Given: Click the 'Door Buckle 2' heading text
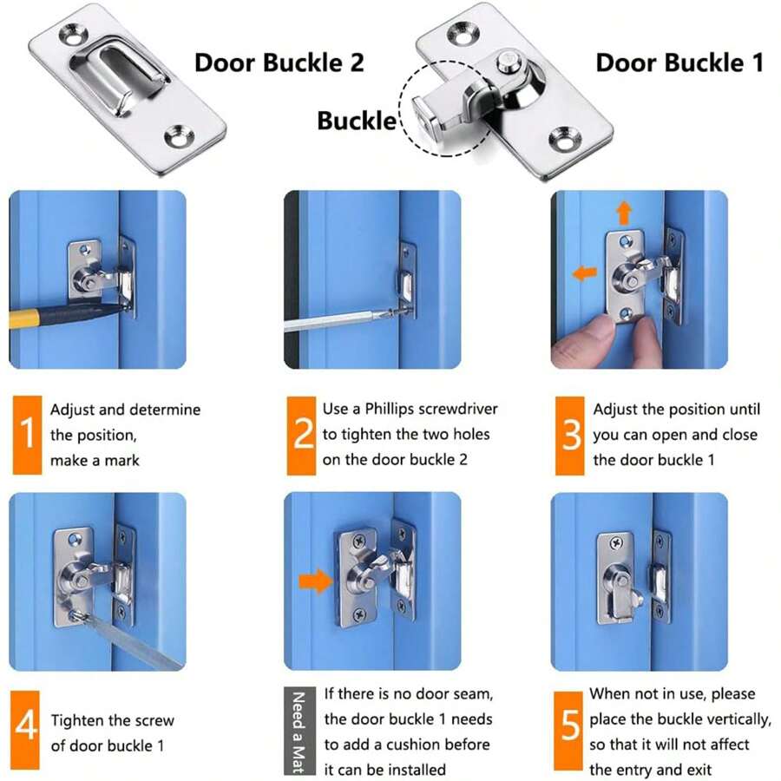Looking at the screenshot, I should [279, 62].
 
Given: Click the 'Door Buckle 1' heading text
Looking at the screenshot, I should [679, 62].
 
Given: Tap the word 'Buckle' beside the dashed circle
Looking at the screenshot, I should [356, 120].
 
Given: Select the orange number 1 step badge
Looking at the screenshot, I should [27, 434].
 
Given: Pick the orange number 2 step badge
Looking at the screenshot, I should [301, 434].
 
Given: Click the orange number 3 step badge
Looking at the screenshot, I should [569, 434].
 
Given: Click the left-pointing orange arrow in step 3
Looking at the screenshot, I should [585, 272].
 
